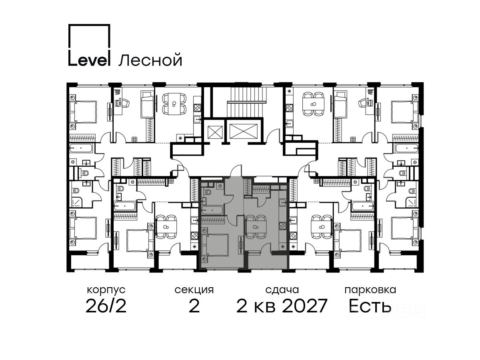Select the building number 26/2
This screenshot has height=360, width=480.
(x=106, y=306)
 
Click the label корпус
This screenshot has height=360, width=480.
(x=106, y=290)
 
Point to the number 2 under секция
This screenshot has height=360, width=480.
(x=194, y=306)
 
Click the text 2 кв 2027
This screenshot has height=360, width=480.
(x=282, y=306)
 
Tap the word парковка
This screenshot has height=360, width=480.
(x=370, y=290)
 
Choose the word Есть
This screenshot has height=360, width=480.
(x=370, y=306)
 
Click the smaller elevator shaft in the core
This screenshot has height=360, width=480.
(x=215, y=132)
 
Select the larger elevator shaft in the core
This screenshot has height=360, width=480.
(x=244, y=131)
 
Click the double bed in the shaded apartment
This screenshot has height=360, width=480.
(x=215, y=244)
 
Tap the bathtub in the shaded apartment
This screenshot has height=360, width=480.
(x=212, y=210)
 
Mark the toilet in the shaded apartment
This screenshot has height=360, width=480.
(x=207, y=192)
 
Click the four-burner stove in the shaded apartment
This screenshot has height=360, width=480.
(x=282, y=226)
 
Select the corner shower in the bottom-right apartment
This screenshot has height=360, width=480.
(x=410, y=202)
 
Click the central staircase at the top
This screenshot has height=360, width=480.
(x=246, y=102)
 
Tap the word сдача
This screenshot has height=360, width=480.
(x=282, y=290)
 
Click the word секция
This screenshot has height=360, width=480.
(x=194, y=290)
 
